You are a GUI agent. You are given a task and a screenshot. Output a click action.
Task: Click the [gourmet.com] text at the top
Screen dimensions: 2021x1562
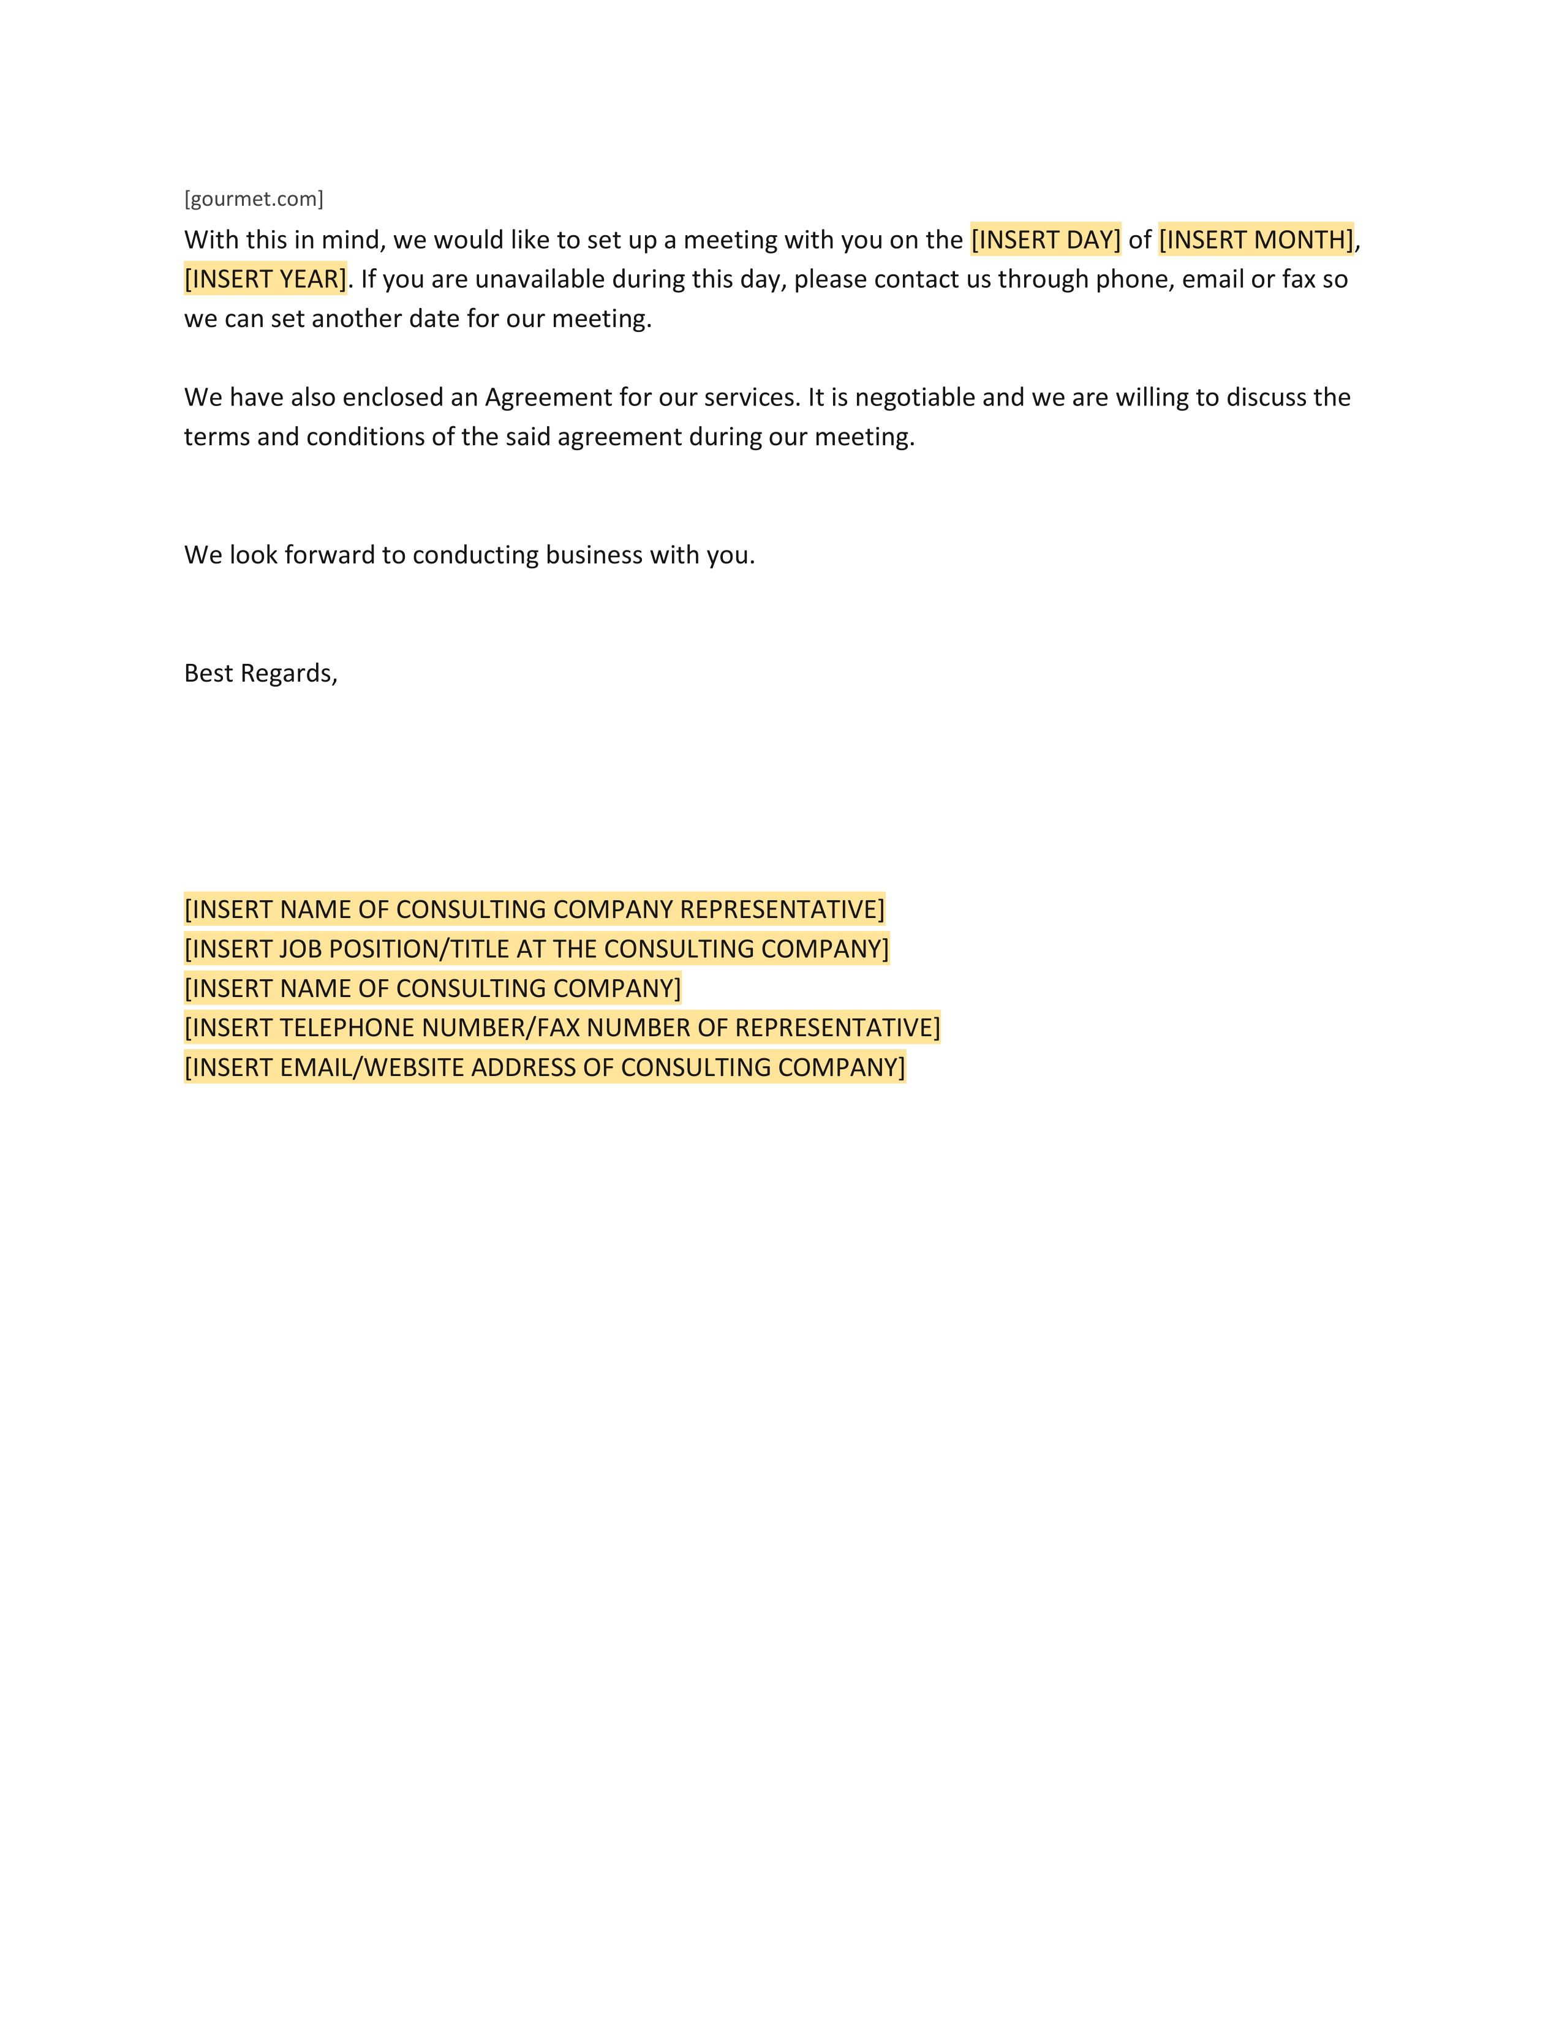coord(254,199)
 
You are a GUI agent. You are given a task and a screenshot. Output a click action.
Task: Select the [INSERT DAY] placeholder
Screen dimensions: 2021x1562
coord(1046,239)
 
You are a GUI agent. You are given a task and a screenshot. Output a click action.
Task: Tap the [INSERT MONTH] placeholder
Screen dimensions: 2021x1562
coord(1256,239)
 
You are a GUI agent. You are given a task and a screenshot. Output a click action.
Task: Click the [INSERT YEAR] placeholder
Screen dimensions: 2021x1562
coord(266,279)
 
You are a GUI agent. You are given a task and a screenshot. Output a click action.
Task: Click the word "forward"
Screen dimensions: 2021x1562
coord(330,555)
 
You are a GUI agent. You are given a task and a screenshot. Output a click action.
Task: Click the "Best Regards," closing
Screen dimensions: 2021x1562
coord(261,674)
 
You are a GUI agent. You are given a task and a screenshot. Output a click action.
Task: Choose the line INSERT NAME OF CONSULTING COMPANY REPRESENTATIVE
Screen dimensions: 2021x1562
coord(535,909)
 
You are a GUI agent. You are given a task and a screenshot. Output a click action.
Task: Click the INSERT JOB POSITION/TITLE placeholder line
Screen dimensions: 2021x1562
coord(537,949)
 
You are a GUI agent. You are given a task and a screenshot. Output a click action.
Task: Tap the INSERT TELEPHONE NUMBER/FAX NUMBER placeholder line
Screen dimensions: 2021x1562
coord(562,1028)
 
